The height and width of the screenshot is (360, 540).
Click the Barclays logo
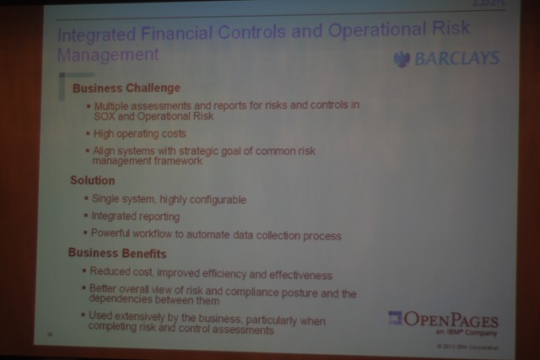pyautogui.click(x=446, y=59)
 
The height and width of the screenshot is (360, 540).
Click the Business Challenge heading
pyautogui.click(x=126, y=88)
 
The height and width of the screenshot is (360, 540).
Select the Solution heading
pyautogui.click(x=92, y=180)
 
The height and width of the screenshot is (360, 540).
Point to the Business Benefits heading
pyautogui.click(x=117, y=254)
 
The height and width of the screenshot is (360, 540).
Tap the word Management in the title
pyautogui.click(x=107, y=56)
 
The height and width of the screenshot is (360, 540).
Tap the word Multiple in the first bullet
pyautogui.click(x=115, y=106)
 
